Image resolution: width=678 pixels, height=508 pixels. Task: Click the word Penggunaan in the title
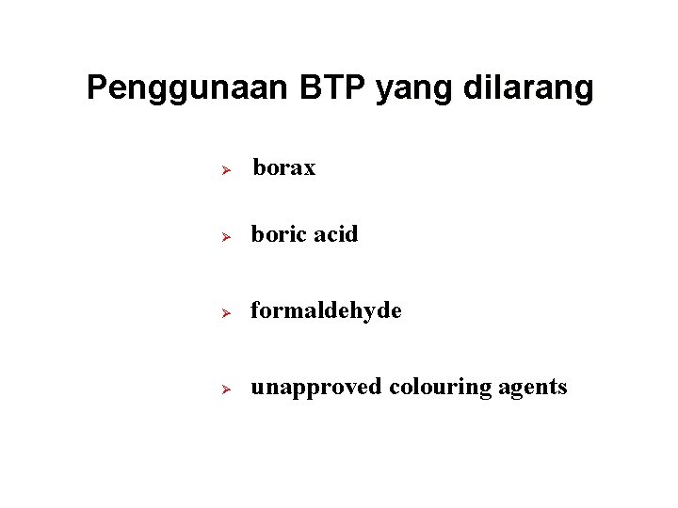(x=188, y=88)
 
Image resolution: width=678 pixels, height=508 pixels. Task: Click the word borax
(x=284, y=168)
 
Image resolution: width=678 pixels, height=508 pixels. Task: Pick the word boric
(x=279, y=234)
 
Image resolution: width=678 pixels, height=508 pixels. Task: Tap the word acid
(x=335, y=234)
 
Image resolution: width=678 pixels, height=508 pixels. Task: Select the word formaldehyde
(x=326, y=310)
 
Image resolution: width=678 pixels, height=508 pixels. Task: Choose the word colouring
(x=437, y=388)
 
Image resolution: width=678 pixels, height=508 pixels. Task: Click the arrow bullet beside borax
(x=226, y=170)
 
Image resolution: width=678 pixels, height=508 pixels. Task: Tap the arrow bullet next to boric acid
(x=226, y=236)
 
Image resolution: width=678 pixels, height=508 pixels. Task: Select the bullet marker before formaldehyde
(x=226, y=312)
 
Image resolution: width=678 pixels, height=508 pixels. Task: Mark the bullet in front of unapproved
(x=226, y=389)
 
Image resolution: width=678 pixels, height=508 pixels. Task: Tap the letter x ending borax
(x=310, y=170)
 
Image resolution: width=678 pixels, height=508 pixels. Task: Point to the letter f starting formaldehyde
(x=255, y=310)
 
